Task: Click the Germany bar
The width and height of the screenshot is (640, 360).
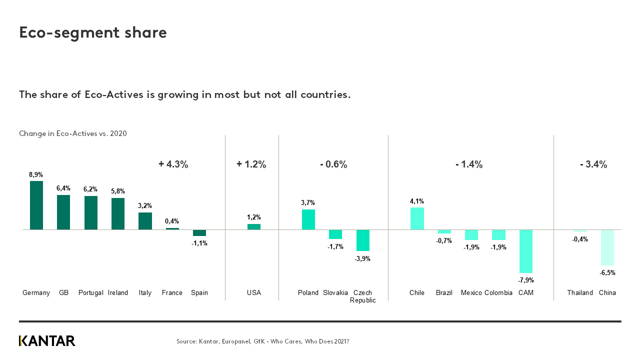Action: (x=36, y=205)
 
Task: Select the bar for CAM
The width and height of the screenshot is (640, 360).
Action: (x=526, y=251)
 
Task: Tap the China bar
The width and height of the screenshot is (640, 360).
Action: (x=607, y=247)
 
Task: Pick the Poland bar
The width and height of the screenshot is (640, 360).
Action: (x=308, y=219)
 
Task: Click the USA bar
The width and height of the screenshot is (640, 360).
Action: (x=254, y=226)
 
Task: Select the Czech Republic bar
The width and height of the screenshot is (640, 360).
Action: (x=362, y=240)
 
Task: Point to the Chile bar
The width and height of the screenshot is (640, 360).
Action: (x=417, y=218)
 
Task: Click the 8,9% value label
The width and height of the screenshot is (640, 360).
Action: (x=36, y=175)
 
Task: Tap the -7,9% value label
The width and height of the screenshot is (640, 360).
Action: (x=526, y=280)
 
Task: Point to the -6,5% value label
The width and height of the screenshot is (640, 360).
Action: (x=607, y=273)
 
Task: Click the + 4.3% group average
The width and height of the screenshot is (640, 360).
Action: (x=173, y=164)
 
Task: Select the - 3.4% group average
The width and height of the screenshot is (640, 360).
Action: (x=593, y=164)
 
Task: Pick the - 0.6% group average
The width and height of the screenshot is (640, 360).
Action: (x=333, y=164)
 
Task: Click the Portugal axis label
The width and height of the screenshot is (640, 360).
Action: (x=90, y=293)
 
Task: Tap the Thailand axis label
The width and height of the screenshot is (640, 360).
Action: (x=580, y=293)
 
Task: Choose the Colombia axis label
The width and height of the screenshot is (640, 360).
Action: (x=498, y=293)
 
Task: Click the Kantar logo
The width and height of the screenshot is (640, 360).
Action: (x=47, y=341)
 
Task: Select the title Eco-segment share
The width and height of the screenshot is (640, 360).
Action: (x=93, y=32)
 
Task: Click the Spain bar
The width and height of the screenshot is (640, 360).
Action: (x=199, y=232)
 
